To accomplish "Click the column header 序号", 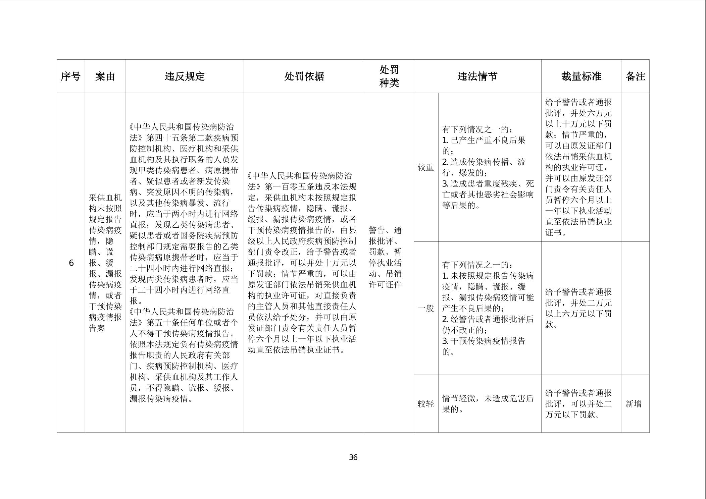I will (70, 76).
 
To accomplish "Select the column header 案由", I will (105, 76).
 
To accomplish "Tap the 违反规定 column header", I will (185, 76).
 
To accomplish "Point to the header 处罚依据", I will (304, 76).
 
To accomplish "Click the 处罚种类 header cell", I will (389, 76).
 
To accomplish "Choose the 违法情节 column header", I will (477, 76).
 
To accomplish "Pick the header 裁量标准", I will (581, 76).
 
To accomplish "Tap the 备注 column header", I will (635, 76).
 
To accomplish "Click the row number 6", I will (71, 263).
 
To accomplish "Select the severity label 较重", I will (425, 167).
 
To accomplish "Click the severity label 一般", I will (425, 308).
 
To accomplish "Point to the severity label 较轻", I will (425, 404).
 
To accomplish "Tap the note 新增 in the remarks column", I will (634, 404).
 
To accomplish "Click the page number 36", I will (353, 457).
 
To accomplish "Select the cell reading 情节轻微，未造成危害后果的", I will (488, 404).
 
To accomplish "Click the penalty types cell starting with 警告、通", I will (385, 257).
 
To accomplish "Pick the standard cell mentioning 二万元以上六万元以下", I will (578, 308).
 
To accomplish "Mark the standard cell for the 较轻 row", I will (578, 404).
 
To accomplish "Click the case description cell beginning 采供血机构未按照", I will (105, 263).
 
